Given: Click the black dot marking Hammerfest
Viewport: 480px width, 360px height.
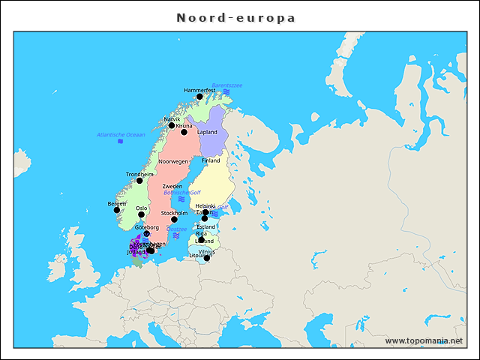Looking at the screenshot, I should point(199,97).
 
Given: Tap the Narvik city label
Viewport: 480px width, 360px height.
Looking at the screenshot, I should point(172,119).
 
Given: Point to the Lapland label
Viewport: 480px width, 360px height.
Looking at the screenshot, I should point(207,132).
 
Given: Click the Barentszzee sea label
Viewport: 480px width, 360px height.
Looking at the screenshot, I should point(226,85).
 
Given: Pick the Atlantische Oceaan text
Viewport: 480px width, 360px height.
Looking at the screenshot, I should point(121,134).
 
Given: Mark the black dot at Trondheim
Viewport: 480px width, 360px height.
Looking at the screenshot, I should point(139,181).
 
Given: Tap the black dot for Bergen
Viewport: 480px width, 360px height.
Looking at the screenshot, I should point(116,210).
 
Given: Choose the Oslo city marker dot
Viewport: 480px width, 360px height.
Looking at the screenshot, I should point(141,214).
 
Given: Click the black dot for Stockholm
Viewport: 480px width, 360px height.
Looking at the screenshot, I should point(174,220).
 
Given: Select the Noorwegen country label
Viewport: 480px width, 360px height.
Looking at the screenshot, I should point(172,161).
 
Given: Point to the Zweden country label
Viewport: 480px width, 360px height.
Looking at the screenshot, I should point(172,186).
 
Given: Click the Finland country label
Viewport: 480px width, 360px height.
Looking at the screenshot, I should point(211,160).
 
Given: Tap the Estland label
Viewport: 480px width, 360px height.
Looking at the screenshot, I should point(206,226).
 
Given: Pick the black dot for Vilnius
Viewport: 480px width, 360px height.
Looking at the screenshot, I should point(207,258).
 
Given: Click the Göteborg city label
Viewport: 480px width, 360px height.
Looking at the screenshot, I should point(147,226).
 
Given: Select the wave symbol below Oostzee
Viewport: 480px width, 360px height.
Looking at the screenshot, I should point(176,235).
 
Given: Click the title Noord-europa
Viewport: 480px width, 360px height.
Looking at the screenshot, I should point(236,17).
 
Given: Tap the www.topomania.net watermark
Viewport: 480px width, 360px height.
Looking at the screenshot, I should point(424,340).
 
